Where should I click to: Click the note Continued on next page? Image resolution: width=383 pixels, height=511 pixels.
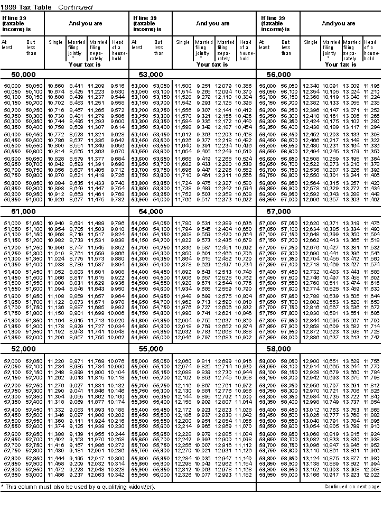coord(352,486)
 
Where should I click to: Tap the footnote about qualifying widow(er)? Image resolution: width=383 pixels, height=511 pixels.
coord(79,487)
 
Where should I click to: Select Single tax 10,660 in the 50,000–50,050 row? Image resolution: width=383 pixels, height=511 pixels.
coord(55,86)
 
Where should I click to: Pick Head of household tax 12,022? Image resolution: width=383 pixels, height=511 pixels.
coord(371,475)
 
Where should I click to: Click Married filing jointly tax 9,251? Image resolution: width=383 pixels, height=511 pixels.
coord(203,86)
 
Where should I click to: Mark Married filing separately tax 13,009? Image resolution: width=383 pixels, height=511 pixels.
coord(351,86)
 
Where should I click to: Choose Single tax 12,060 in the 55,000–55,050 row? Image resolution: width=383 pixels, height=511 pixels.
coord(183,361)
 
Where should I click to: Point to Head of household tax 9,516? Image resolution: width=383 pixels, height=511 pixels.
coord(118,86)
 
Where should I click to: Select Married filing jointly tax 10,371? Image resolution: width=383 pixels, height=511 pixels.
coord(331,224)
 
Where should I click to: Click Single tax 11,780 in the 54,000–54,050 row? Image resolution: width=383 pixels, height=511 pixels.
coord(183,224)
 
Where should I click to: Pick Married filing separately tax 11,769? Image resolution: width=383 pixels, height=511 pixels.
coord(97,361)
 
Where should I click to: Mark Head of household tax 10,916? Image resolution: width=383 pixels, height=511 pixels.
coord(244,361)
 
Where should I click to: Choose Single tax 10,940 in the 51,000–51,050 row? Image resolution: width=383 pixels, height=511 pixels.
coord(55,224)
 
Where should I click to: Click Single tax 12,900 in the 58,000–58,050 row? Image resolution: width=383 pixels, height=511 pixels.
coord(310,361)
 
